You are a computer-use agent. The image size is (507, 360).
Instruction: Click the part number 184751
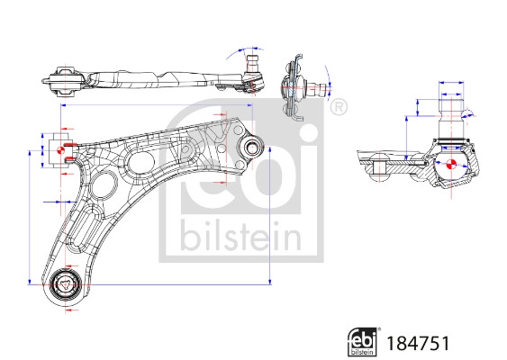pyautogui.click(x=417, y=343)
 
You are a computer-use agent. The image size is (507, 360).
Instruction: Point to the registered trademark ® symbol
pyautogui.click(x=339, y=109)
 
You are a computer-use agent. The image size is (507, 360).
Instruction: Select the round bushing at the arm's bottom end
pyautogui.click(x=67, y=285)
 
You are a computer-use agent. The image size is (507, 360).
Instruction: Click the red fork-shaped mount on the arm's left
pyautogui.click(x=61, y=149)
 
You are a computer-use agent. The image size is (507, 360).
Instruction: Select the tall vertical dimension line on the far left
pyautogui.click(x=31, y=225)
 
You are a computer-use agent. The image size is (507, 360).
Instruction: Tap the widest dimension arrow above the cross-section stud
pyautogui.click(x=452, y=82)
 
